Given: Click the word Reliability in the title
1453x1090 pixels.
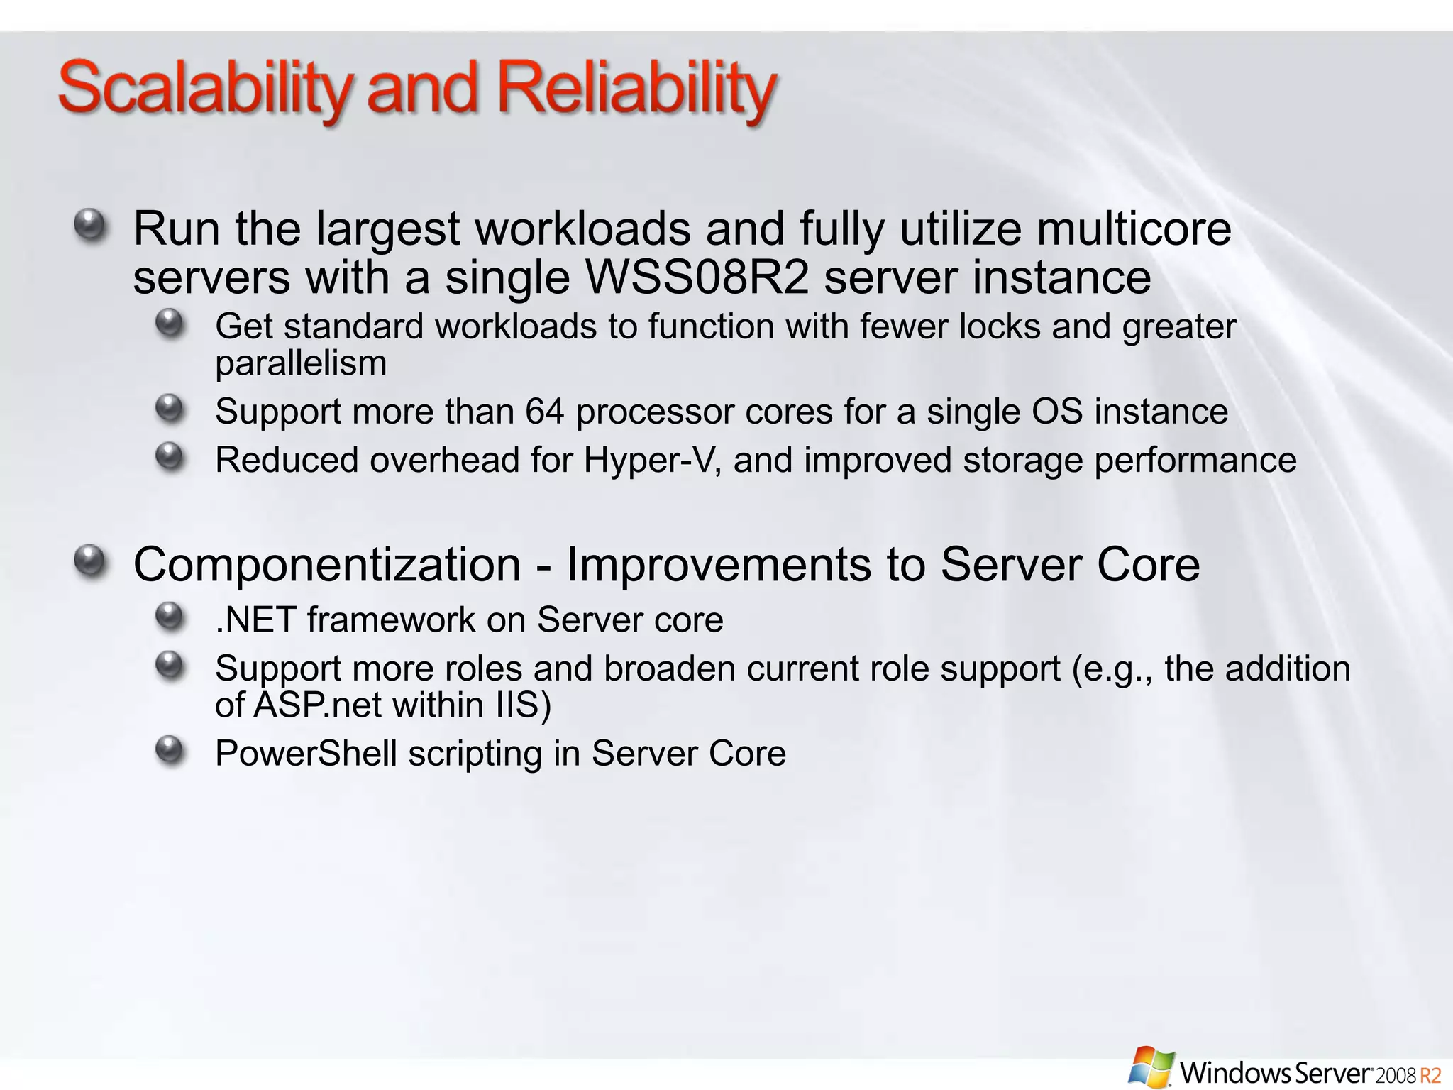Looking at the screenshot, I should [x=636, y=89].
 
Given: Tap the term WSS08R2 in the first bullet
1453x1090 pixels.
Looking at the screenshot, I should [x=698, y=277].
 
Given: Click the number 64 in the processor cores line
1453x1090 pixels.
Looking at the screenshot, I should [x=544, y=412].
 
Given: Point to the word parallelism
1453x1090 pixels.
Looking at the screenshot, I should [x=301, y=363].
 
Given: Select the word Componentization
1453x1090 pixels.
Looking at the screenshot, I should [x=327, y=565].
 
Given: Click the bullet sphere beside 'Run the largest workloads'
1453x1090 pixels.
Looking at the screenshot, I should [x=90, y=226].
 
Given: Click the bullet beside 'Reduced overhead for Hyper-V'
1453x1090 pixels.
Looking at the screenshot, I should [x=170, y=456].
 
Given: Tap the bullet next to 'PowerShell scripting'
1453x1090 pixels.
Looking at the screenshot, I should [x=170, y=749].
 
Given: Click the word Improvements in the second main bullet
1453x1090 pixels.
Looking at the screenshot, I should [x=719, y=565].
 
